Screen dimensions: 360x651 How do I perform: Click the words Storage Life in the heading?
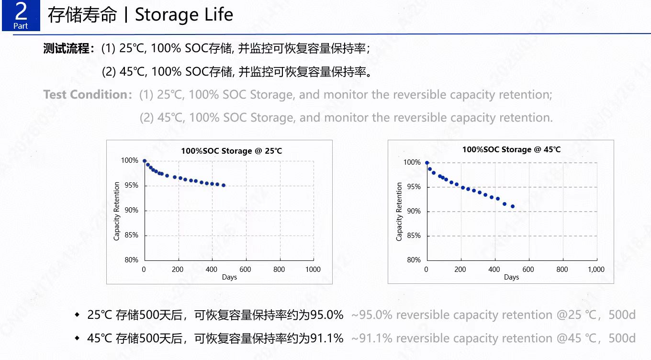click(x=184, y=15)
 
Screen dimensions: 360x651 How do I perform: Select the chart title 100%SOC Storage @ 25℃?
click(x=231, y=151)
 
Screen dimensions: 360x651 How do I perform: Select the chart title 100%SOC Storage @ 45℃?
click(x=511, y=149)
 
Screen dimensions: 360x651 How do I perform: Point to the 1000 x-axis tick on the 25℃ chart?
click(x=313, y=270)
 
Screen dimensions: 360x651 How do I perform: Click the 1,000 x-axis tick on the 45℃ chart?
click(x=596, y=270)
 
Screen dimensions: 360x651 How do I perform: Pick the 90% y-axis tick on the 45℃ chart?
click(x=413, y=211)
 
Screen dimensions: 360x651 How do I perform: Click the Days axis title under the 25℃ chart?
click(x=229, y=277)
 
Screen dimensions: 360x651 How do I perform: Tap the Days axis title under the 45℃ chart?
click(x=511, y=277)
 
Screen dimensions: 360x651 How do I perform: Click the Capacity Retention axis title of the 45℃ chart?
click(x=399, y=212)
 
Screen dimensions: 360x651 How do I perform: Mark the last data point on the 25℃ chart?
click(x=224, y=185)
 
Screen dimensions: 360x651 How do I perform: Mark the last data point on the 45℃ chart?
click(x=513, y=206)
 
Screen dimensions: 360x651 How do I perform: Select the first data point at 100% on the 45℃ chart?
click(x=427, y=163)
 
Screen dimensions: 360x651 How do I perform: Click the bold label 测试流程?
click(x=67, y=48)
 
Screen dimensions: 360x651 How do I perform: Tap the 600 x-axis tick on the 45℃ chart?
click(x=528, y=270)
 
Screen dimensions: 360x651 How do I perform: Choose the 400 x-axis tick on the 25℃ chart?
click(x=212, y=270)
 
